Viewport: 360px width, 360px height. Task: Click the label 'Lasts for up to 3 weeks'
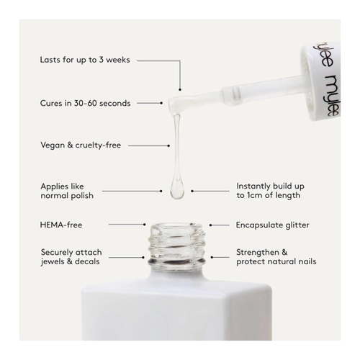click(x=85, y=60)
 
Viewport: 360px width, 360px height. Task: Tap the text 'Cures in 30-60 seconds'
click(x=85, y=103)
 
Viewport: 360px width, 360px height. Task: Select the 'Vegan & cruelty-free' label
click(x=81, y=145)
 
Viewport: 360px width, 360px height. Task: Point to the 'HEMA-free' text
click(x=61, y=225)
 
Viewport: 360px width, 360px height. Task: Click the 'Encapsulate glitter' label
click(x=273, y=225)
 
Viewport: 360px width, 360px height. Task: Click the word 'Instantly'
click(x=253, y=186)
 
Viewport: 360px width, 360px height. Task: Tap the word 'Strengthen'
click(x=258, y=253)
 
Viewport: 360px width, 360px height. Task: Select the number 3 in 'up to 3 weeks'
click(x=101, y=60)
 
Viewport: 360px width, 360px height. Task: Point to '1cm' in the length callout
click(x=255, y=195)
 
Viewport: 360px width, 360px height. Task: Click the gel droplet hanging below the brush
click(x=177, y=188)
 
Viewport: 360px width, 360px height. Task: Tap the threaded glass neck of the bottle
click(x=177, y=247)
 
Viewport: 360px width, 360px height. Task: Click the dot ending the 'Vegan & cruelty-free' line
click(x=168, y=145)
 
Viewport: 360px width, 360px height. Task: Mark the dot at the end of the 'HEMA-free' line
click(x=145, y=225)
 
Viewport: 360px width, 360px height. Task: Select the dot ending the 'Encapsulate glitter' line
click(x=210, y=225)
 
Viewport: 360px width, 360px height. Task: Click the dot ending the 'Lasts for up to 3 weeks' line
click(x=180, y=90)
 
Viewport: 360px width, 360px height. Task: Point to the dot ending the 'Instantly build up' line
click(x=192, y=191)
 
